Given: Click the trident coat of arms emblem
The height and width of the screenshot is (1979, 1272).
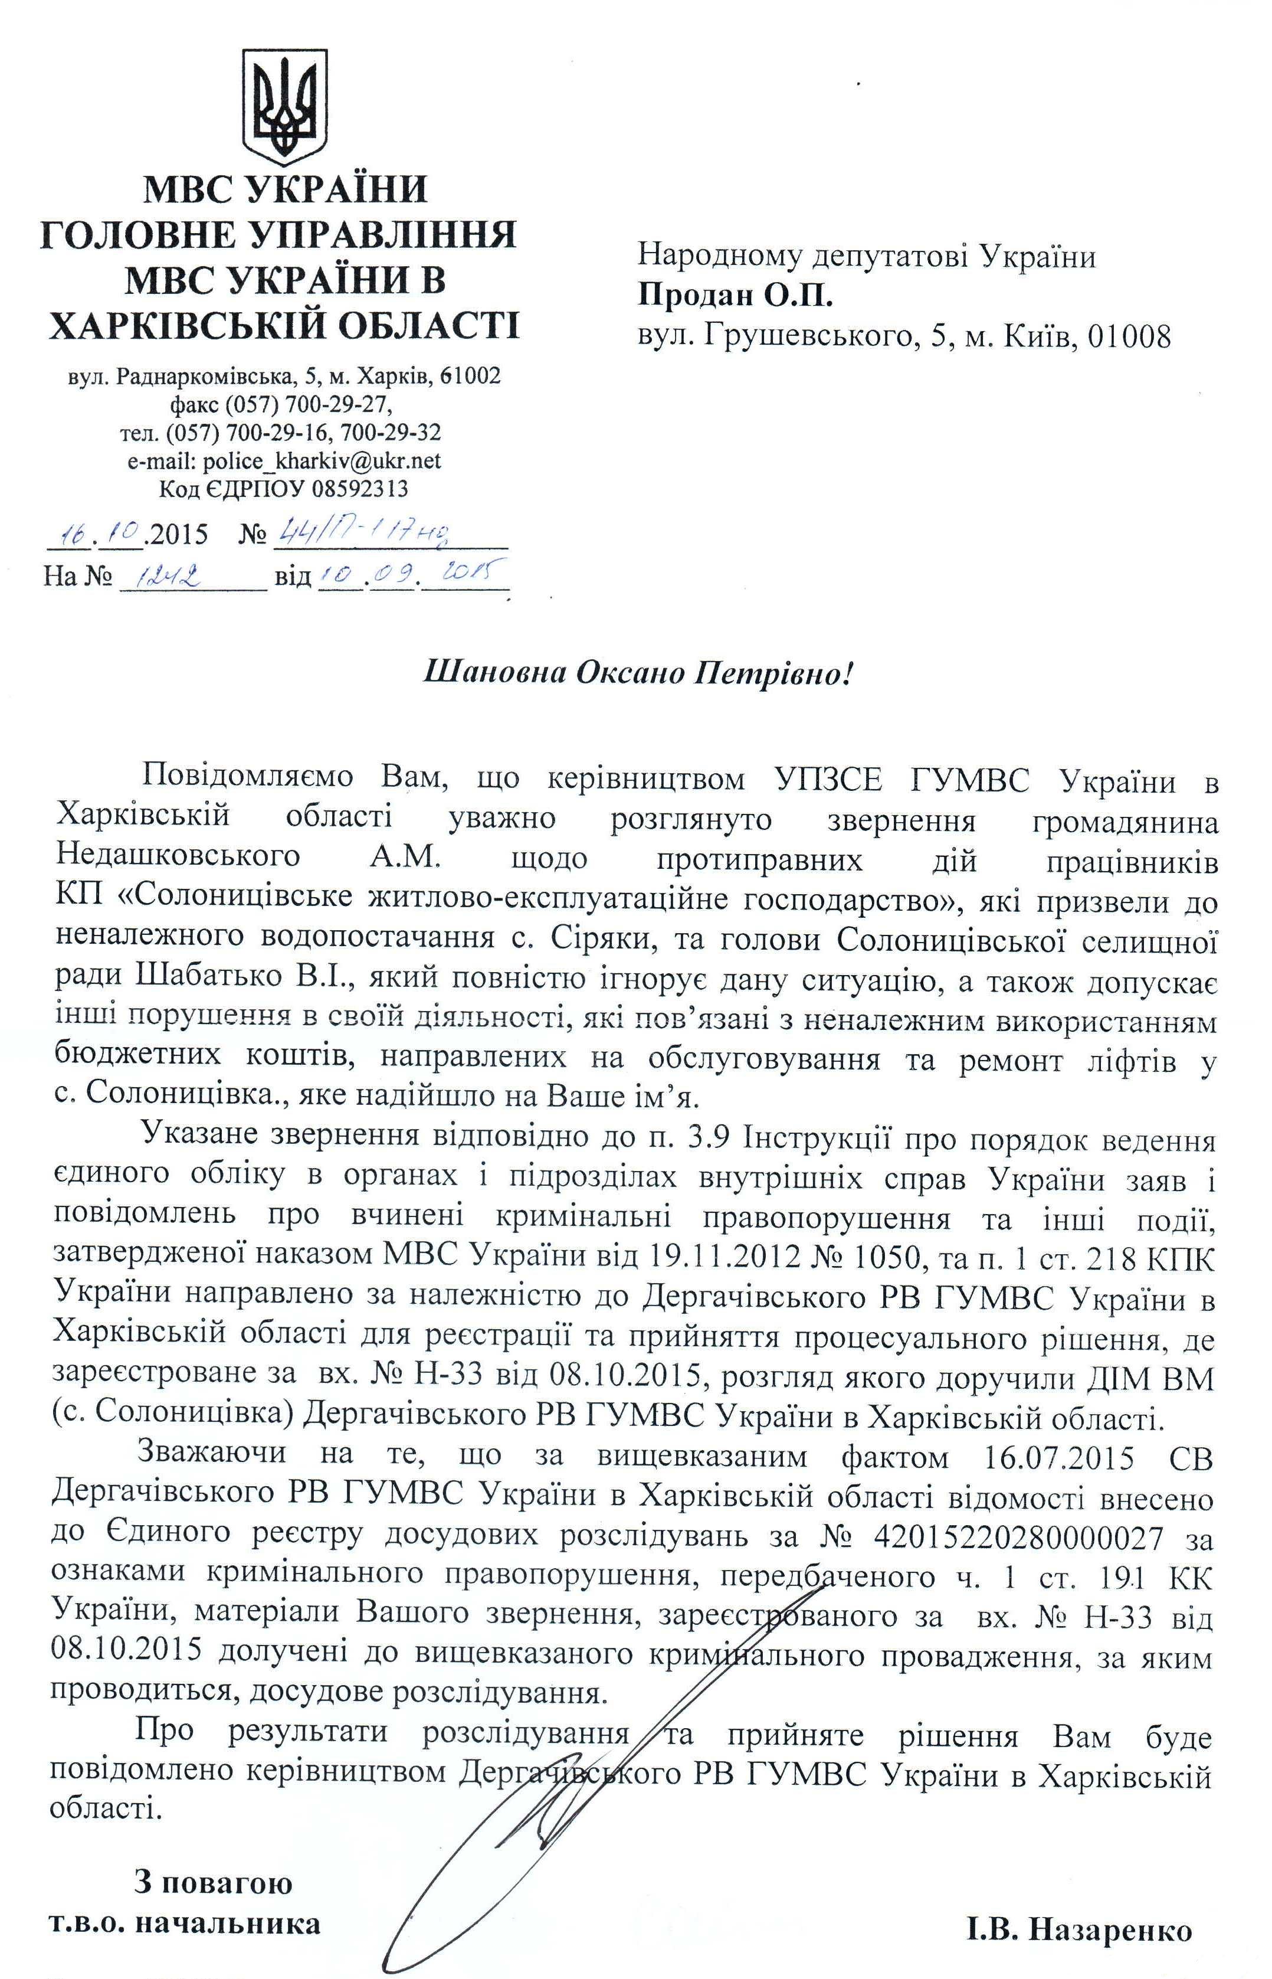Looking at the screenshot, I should pos(283,105).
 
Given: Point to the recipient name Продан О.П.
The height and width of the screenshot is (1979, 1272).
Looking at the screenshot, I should pos(735,295).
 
